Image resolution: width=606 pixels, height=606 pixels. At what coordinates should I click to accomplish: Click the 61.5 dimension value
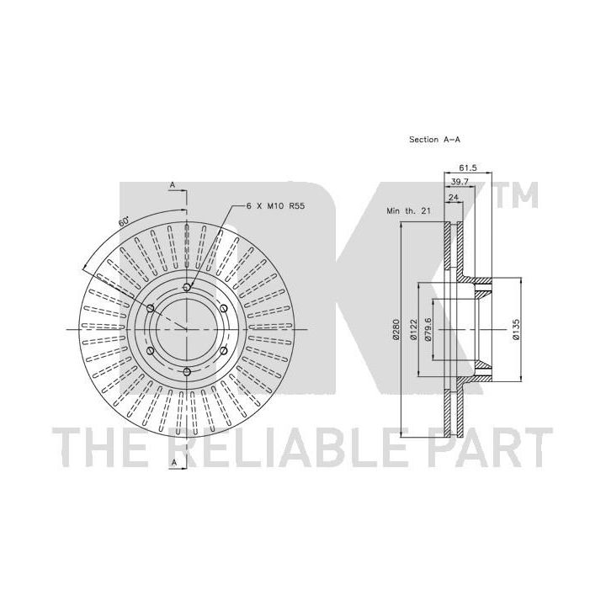pos(468,167)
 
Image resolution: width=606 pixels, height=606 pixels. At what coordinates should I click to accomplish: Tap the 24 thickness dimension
pos(454,197)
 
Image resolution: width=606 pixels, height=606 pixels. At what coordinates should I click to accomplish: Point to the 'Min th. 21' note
pos(408,211)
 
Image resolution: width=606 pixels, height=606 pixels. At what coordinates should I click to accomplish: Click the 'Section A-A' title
pos(435,140)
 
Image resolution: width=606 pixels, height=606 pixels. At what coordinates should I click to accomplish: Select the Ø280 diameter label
pos(396,329)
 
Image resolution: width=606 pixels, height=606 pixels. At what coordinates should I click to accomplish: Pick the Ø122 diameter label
pos(413,329)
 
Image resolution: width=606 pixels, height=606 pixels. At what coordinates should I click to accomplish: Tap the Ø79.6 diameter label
pos(428,329)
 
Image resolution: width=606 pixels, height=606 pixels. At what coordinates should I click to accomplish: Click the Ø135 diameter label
pos(516,329)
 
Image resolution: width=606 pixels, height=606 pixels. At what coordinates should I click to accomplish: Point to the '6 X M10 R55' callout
pos(275,206)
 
